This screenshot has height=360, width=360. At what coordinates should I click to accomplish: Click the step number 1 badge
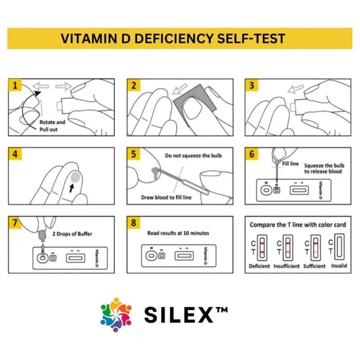[15, 85]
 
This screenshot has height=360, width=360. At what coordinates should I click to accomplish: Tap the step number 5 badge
[133, 154]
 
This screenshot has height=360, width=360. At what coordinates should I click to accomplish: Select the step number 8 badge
[133, 222]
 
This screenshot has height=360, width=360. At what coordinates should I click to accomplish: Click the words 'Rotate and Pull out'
[52, 126]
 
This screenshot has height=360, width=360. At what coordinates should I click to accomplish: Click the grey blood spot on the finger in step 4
[75, 177]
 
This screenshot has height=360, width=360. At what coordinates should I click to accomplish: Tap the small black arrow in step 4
[72, 188]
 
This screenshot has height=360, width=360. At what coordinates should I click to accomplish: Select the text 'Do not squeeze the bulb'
[193, 156]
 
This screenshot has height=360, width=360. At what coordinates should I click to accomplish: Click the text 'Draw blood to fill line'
[166, 198]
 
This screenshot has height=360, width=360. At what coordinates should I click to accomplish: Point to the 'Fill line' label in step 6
[290, 164]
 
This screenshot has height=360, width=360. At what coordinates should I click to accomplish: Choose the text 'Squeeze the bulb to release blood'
[324, 168]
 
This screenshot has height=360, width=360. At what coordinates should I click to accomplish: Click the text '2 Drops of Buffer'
[72, 234]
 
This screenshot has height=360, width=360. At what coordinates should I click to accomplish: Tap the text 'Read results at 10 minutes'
[178, 233]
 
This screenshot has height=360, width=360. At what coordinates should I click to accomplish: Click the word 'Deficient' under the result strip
[260, 266]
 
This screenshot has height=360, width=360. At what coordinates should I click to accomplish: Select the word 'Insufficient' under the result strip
[287, 266]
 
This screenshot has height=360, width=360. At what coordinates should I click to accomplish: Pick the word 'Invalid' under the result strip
[339, 265]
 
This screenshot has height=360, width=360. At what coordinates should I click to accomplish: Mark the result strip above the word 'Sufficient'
[316, 247]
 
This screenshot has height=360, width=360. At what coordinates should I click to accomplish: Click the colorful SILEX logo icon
[116, 315]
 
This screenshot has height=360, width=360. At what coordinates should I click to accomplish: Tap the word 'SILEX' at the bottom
[179, 315]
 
